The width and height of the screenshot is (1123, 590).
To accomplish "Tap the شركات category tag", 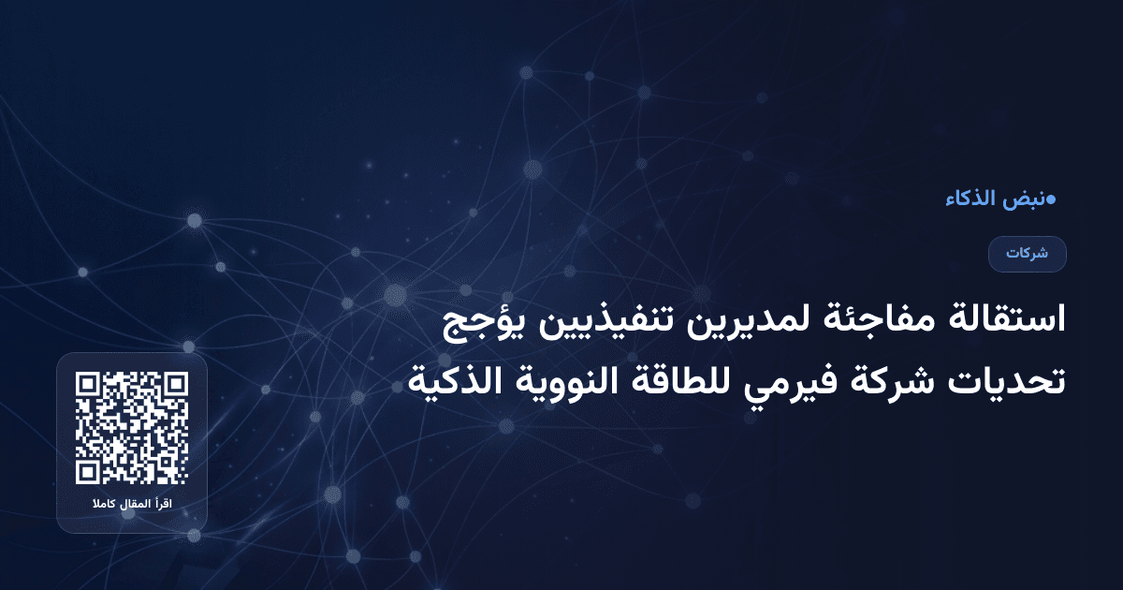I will pos(1028,254).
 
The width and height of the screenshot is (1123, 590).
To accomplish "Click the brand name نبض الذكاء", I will pos(997,199).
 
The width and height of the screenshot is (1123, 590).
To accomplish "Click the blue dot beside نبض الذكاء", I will pos(1051,199).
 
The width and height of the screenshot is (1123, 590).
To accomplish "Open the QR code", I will pos(132,428).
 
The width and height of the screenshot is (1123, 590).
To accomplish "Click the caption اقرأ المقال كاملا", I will pos(132,506).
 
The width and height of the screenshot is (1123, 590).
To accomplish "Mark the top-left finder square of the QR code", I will pos(89,385).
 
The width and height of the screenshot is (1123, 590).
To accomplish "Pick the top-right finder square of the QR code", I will pos(175,385).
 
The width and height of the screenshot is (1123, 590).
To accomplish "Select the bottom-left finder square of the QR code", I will pos(89,471).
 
